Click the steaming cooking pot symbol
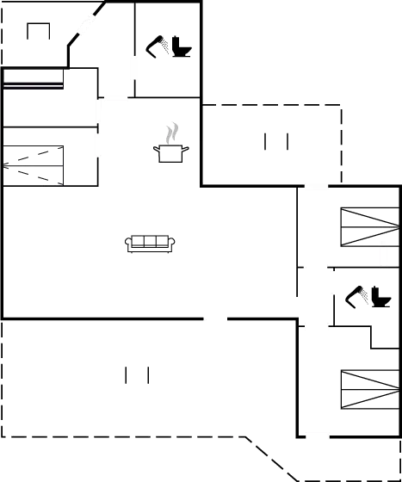172,151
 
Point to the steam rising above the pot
173,133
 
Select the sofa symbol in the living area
151,244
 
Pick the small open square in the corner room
39,31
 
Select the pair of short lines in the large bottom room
137,375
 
